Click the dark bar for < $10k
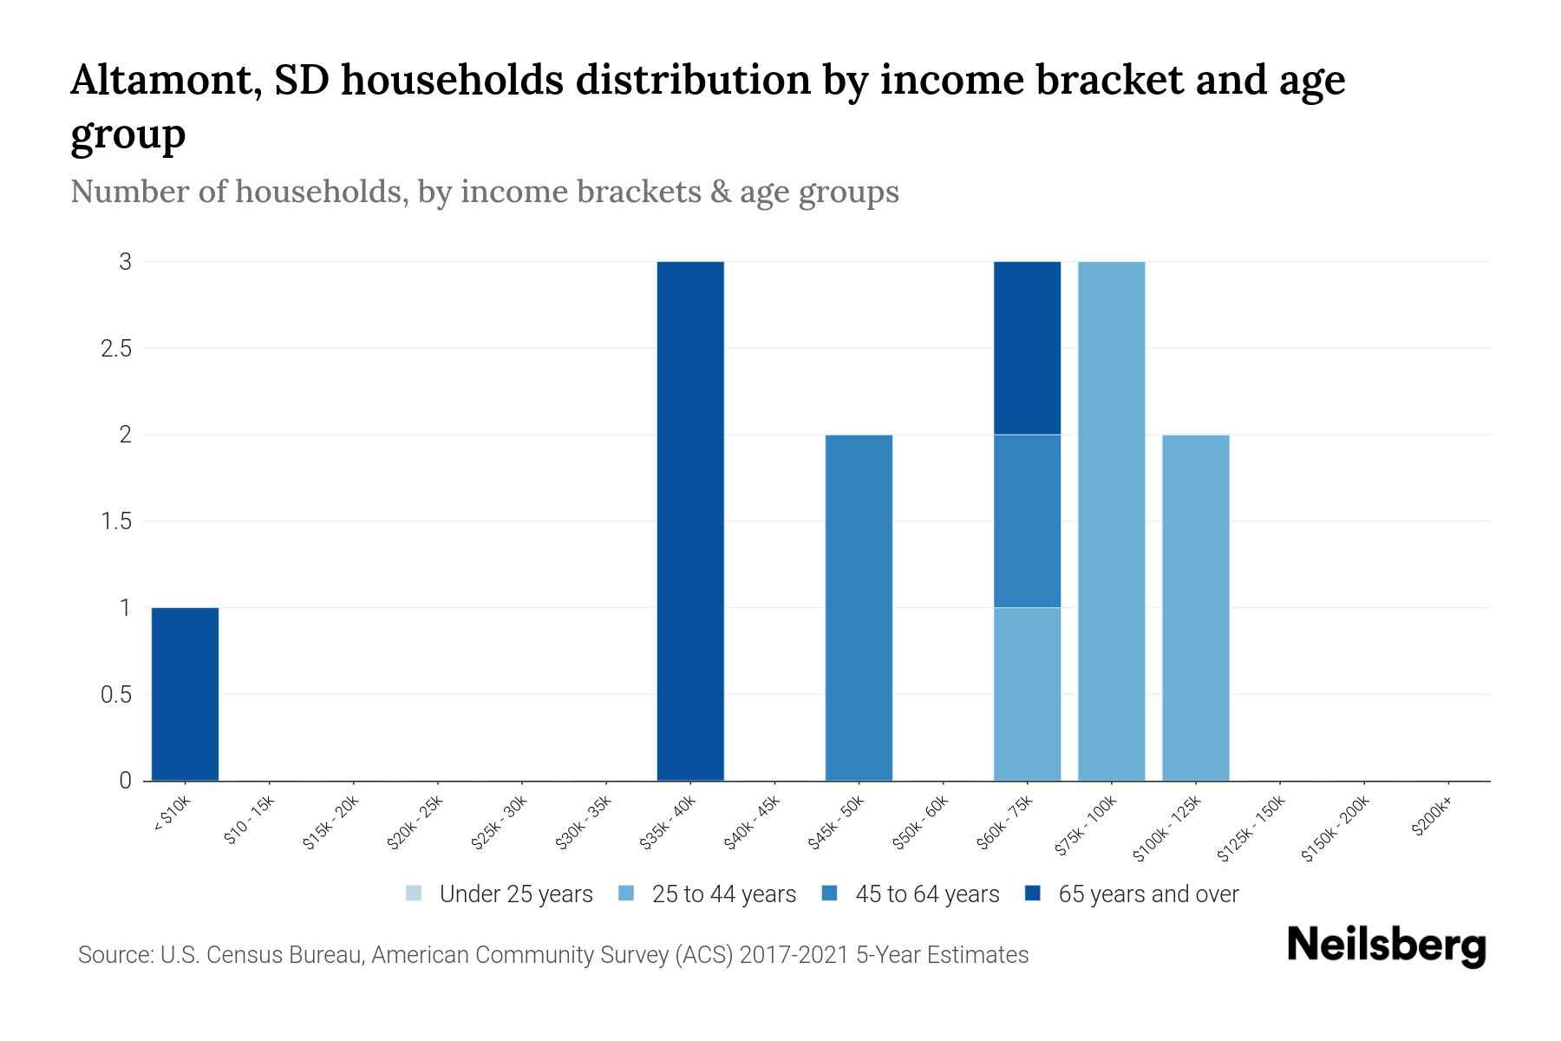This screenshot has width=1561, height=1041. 185,694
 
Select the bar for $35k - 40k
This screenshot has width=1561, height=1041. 690,520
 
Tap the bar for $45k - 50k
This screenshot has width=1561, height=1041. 859,607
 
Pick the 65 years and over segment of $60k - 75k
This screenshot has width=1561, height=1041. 1027,347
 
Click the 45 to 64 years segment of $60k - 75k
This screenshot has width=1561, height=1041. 1027,520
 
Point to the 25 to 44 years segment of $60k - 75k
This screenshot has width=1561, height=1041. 1027,694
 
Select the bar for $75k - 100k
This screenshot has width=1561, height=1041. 1111,520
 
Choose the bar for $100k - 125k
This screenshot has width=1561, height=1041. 1195,607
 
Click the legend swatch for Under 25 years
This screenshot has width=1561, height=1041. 414,894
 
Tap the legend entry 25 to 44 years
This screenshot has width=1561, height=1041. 723,894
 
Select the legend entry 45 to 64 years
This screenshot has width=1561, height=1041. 927,894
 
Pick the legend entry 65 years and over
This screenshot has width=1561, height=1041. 1148,894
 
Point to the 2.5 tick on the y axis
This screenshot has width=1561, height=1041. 114,348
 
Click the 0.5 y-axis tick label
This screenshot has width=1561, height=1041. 114,695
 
